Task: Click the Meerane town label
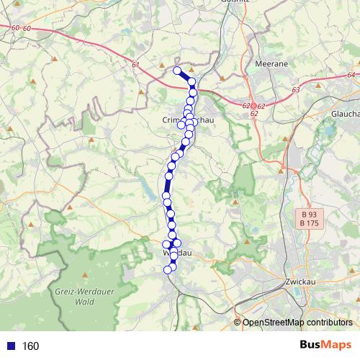coord(272,64)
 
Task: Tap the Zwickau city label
coord(301,282)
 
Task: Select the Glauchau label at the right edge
coord(345,114)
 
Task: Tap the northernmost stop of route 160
coord(176,70)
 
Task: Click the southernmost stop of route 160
coord(168,270)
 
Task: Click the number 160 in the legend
coord(30,346)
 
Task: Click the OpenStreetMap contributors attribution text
coord(297,323)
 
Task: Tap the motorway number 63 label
coord(296,90)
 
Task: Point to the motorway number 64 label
coord(351,75)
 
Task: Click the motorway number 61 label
coord(135,65)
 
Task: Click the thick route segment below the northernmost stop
coord(185,76)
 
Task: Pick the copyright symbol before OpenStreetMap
coord(237,323)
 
